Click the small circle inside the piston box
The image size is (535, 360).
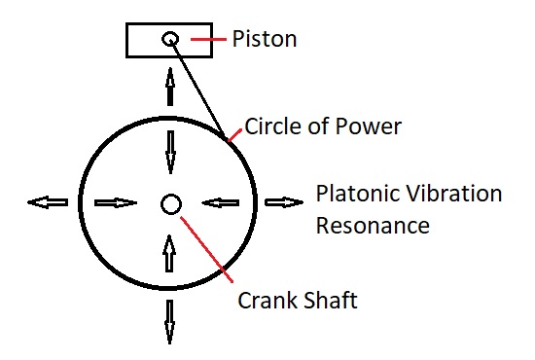170,39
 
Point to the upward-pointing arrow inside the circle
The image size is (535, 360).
170,255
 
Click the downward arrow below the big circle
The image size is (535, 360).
170,322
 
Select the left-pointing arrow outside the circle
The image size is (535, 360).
48,202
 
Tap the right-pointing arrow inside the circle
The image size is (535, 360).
115,202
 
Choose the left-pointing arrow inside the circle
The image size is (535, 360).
221,202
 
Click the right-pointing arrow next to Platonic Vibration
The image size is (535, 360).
284,202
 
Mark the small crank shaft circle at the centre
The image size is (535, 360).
170,203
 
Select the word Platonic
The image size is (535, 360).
354,194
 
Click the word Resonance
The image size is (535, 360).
373,226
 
